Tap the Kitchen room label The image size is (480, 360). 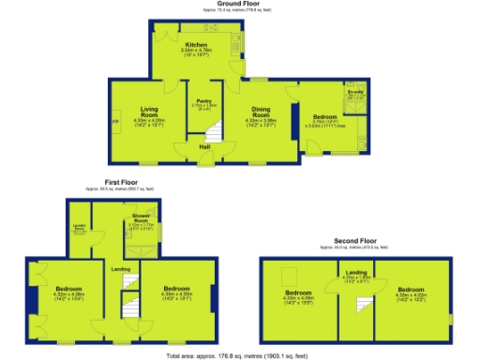pyautogui.click(x=196, y=45)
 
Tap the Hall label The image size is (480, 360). pyautogui.click(x=203, y=145)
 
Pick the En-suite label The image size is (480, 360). pyautogui.click(x=355, y=92)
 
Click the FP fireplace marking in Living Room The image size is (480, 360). pyautogui.click(x=116, y=123)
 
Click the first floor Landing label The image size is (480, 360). pyautogui.click(x=121, y=269)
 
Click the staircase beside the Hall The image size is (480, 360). pyautogui.click(x=214, y=135)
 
